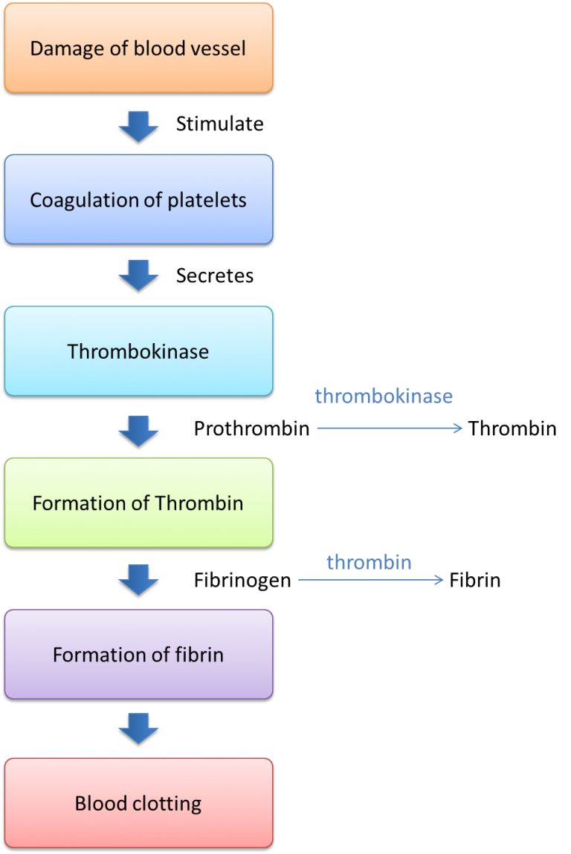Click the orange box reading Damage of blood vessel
pos(138,48)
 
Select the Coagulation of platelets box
pos(138,199)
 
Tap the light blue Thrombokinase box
pos(138,351)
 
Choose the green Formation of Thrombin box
pos(138,503)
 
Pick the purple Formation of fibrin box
pos(138,654)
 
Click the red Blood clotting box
pos(138,803)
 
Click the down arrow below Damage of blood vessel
pos(138,126)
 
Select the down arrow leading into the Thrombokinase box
pos(138,275)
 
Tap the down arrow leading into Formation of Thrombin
pos(138,430)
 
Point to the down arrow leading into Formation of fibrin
pos(138,579)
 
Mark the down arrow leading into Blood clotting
pos(138,728)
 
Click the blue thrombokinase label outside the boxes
pos(384,396)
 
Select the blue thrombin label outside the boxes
pos(369,562)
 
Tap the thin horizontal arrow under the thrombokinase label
pos(390,428)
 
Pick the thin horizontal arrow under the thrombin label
pos(371,580)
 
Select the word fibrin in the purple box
pos(201,655)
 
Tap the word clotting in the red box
pos(165,804)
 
